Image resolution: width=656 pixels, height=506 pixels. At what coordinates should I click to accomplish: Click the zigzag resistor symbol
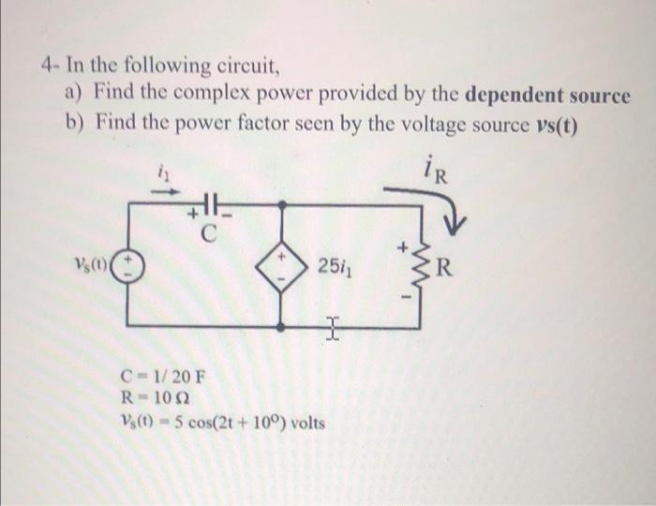tap(416, 267)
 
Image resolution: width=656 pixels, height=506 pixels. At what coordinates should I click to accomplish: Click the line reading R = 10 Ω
tap(156, 400)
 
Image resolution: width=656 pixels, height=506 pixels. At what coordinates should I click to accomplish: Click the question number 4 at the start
tap(46, 67)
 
